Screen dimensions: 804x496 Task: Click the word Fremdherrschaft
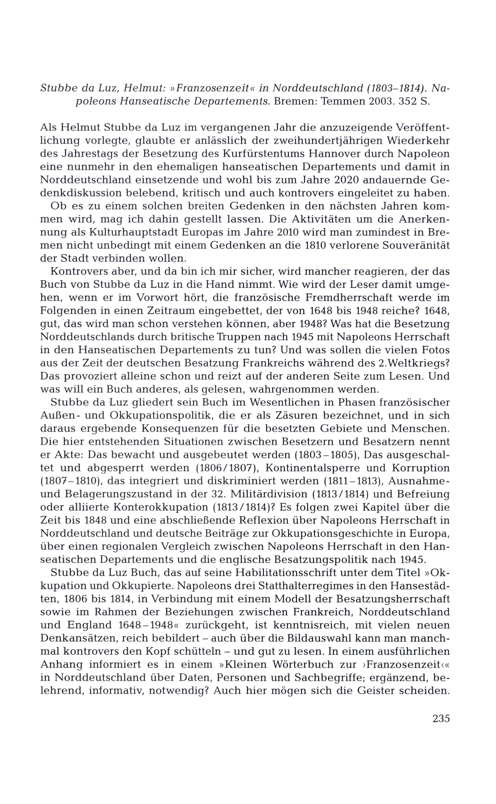(340, 298)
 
